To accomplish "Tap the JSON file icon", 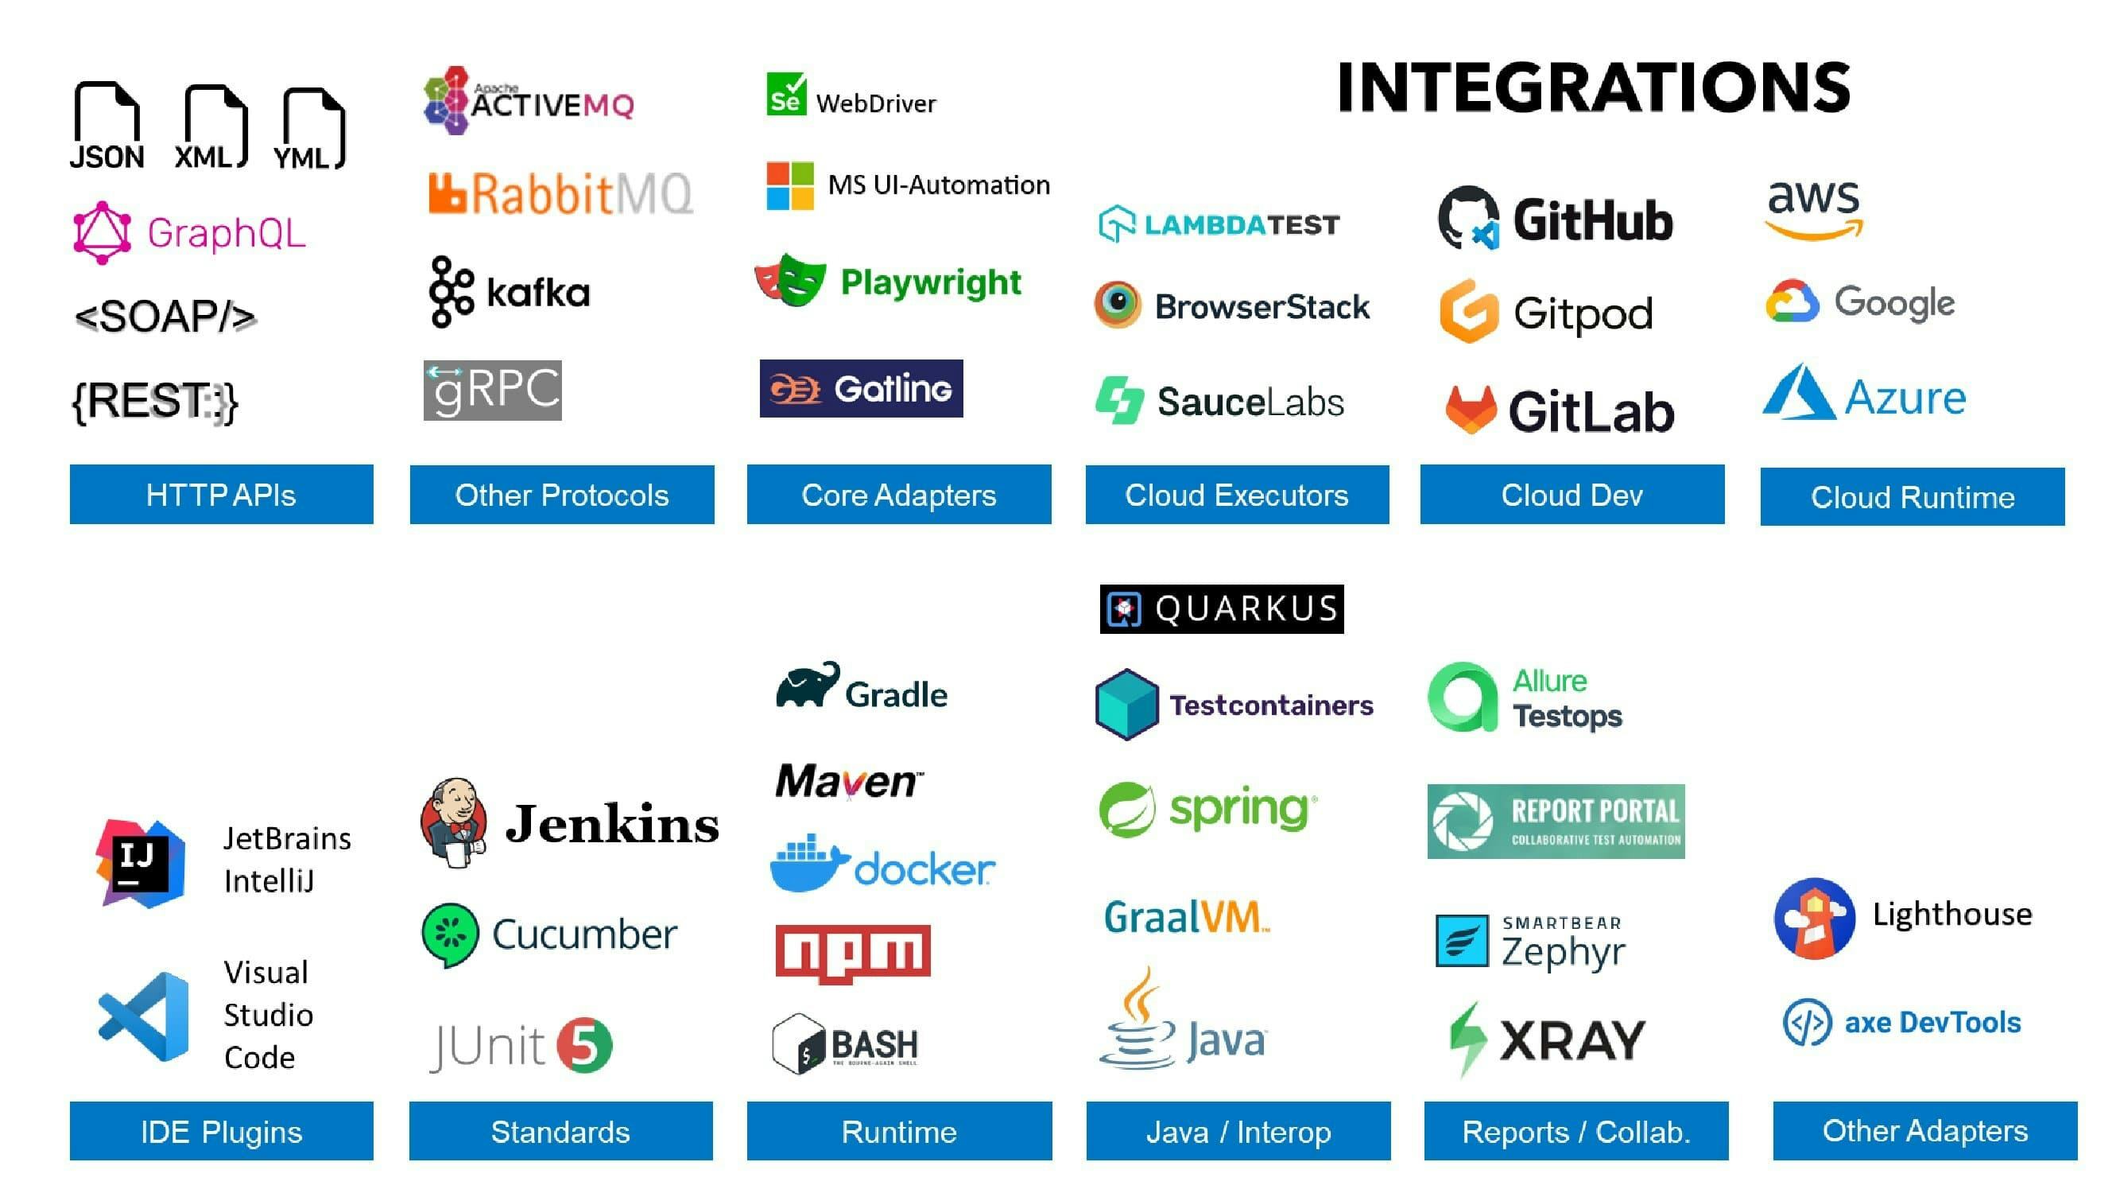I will point(107,123).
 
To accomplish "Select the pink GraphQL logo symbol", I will point(102,233).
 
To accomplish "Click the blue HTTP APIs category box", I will point(222,495).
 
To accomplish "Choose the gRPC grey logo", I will point(492,391).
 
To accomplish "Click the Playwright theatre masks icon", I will point(791,280).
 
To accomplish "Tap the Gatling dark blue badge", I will point(861,389).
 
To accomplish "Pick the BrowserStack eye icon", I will point(1118,305).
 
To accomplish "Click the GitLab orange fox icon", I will point(1470,409).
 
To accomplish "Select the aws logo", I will point(1814,209).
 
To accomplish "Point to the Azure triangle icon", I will point(1797,394).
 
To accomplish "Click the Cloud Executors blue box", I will point(1237,495).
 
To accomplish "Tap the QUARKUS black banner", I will point(1221,609).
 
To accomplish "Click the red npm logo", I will point(853,954).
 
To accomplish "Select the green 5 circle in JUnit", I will point(584,1046).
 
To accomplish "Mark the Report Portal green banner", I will point(1556,822).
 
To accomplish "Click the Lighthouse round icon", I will point(1814,918).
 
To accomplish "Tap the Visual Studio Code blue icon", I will point(145,1016).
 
